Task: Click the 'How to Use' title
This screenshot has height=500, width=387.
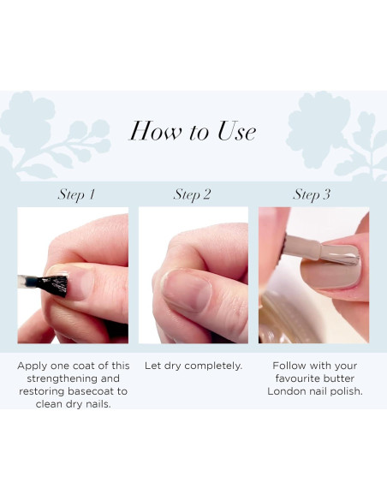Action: tap(193, 131)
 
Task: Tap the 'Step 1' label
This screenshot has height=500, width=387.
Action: tap(76, 194)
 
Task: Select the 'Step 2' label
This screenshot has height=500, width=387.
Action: tap(192, 194)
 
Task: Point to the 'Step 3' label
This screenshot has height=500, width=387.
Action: tap(312, 194)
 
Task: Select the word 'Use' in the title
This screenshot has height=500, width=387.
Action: tap(236, 131)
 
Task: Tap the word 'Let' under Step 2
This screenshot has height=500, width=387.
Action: tap(152, 366)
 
